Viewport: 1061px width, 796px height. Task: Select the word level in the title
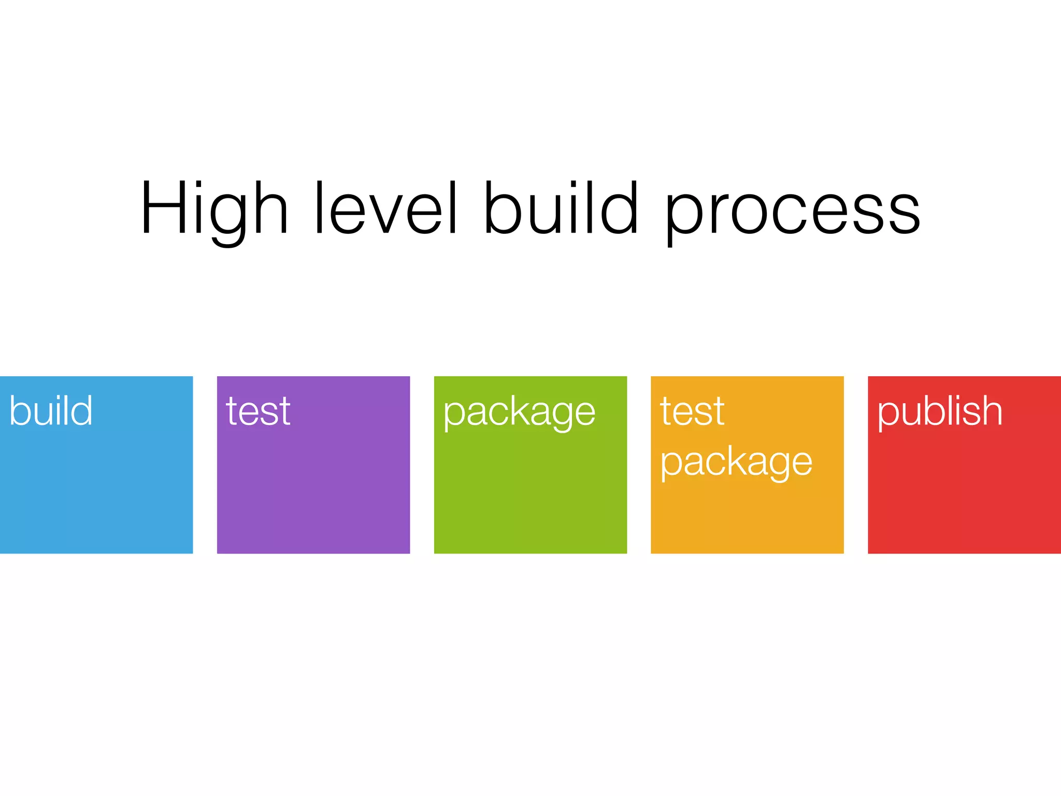tap(385, 207)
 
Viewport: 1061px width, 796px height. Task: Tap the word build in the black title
tap(561, 207)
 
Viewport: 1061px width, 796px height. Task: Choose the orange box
tap(747, 513)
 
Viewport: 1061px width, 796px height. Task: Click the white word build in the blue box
tap(51, 410)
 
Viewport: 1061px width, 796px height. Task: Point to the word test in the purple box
tap(258, 411)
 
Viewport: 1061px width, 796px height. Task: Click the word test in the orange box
tap(692, 411)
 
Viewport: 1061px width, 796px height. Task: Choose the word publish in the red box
tap(939, 411)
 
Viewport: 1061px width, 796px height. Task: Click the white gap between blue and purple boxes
tap(205, 465)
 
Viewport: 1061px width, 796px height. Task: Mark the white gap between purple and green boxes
tap(422, 465)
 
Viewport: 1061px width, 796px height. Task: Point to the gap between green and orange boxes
tap(639, 465)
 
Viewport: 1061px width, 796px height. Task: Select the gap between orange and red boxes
tap(856, 465)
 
